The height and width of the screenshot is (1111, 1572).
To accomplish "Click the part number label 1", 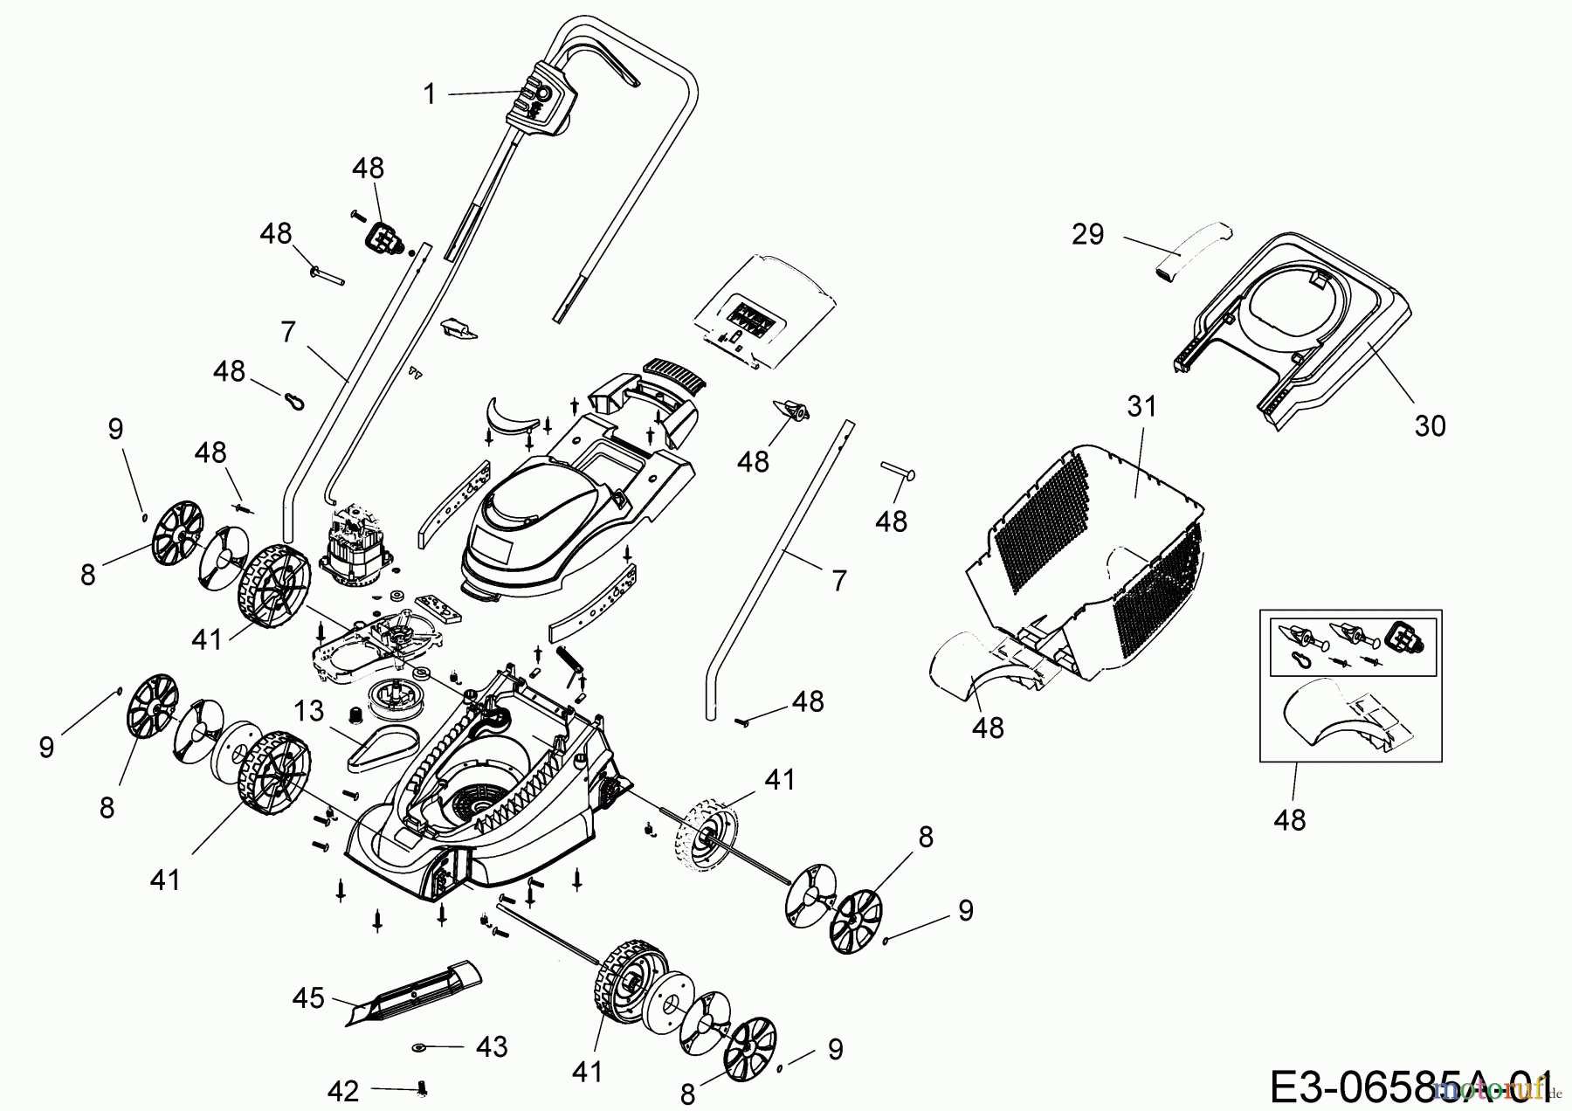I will [x=429, y=94].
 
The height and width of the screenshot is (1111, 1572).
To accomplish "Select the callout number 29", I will [x=1088, y=234].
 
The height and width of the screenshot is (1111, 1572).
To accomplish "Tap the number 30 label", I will [x=1430, y=426].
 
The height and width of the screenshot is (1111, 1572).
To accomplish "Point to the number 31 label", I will [x=1141, y=406].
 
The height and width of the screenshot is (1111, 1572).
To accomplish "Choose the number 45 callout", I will [x=308, y=997].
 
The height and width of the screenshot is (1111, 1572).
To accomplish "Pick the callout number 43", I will [x=493, y=1046].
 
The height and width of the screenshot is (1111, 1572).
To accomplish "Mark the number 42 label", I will [x=342, y=1091].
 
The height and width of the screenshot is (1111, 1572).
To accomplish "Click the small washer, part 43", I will [x=419, y=1046].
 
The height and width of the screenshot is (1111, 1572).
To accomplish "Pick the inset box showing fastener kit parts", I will [x=1351, y=686].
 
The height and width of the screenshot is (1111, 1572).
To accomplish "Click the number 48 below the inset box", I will [x=1290, y=820].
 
